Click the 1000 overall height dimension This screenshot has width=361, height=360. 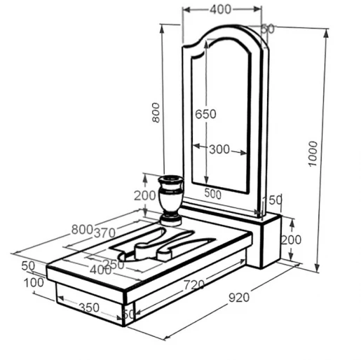tap(313, 153)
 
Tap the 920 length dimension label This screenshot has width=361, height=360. tap(239, 298)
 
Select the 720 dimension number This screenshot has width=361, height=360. tap(194, 284)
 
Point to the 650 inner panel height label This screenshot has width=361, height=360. tap(205, 114)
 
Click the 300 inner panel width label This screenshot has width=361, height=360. tap(219, 149)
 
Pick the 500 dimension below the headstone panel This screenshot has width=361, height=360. tap(212, 194)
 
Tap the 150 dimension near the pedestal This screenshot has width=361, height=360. tap(272, 200)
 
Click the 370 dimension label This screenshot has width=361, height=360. tap(104, 233)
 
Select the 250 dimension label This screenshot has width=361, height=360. tap(114, 265)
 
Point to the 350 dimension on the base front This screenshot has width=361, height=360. tap(89, 307)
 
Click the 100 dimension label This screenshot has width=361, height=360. tap(34, 283)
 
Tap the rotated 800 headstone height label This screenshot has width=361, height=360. tap(156, 113)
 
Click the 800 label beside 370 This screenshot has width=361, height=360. tap(82, 229)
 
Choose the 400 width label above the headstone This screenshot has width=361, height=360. tap(220, 10)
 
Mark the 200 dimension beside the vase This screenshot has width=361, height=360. tap(145, 195)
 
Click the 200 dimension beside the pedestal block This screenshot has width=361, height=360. tap(291, 240)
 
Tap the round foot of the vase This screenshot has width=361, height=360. tap(171, 220)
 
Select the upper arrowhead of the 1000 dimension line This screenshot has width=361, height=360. tap(326, 34)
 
